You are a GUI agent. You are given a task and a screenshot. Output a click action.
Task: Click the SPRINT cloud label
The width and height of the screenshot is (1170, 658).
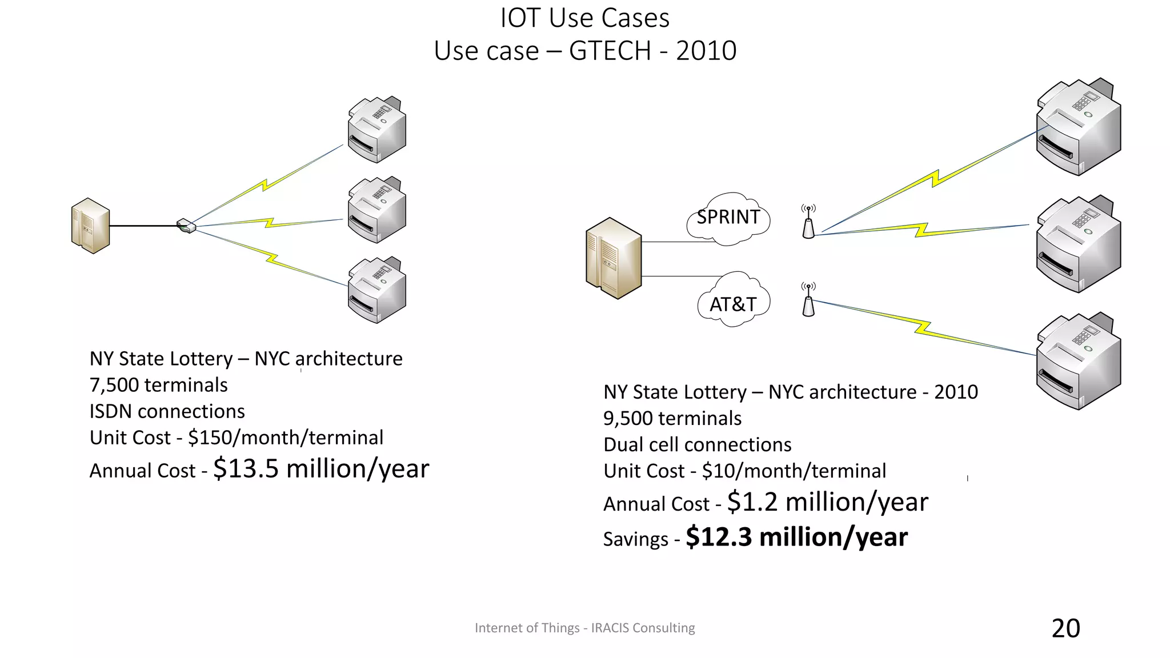tap(728, 218)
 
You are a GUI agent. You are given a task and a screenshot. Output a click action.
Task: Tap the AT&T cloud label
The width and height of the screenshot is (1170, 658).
tap(733, 304)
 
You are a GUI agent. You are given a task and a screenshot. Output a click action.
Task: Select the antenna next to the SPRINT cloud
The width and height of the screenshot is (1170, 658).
tap(808, 223)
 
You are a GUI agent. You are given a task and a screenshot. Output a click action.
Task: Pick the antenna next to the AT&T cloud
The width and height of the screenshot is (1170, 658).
tap(808, 300)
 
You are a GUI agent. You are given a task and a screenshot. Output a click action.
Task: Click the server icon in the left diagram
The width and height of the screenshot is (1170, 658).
tap(90, 226)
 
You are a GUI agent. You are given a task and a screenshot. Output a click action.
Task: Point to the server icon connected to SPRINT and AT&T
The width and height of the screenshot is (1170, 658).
tap(614, 258)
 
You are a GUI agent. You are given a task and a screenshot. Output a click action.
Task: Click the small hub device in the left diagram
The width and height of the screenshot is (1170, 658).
tap(186, 226)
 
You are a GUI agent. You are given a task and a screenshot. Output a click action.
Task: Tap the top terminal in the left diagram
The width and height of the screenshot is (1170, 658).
tap(377, 130)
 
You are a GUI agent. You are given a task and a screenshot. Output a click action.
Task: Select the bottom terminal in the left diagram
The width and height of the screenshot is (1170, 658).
tap(377, 290)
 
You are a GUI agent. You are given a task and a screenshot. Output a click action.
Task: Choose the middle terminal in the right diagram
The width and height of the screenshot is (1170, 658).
tap(1079, 244)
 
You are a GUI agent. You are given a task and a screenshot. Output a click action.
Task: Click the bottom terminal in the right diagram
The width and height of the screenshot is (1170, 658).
tap(1079, 362)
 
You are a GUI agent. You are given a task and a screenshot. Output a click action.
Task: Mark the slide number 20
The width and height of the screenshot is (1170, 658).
tap(1065, 628)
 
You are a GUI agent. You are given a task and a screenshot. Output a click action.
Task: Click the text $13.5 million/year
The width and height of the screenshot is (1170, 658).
tap(320, 469)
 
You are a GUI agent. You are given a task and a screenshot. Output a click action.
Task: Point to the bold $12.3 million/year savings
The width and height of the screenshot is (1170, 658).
tap(796, 537)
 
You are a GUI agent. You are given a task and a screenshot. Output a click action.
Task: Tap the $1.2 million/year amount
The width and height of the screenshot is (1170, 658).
tap(827, 502)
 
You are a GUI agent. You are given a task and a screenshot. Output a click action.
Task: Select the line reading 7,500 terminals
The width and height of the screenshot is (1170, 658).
tap(159, 385)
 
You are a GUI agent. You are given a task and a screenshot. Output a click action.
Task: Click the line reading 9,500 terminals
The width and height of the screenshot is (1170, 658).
tap(672, 418)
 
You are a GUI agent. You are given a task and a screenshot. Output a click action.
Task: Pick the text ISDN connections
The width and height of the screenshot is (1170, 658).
tap(167, 411)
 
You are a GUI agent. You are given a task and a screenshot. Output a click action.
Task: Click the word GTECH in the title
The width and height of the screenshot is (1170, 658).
tap(610, 51)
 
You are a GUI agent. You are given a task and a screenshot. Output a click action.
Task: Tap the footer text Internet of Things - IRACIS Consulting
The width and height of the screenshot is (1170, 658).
tap(584, 628)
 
